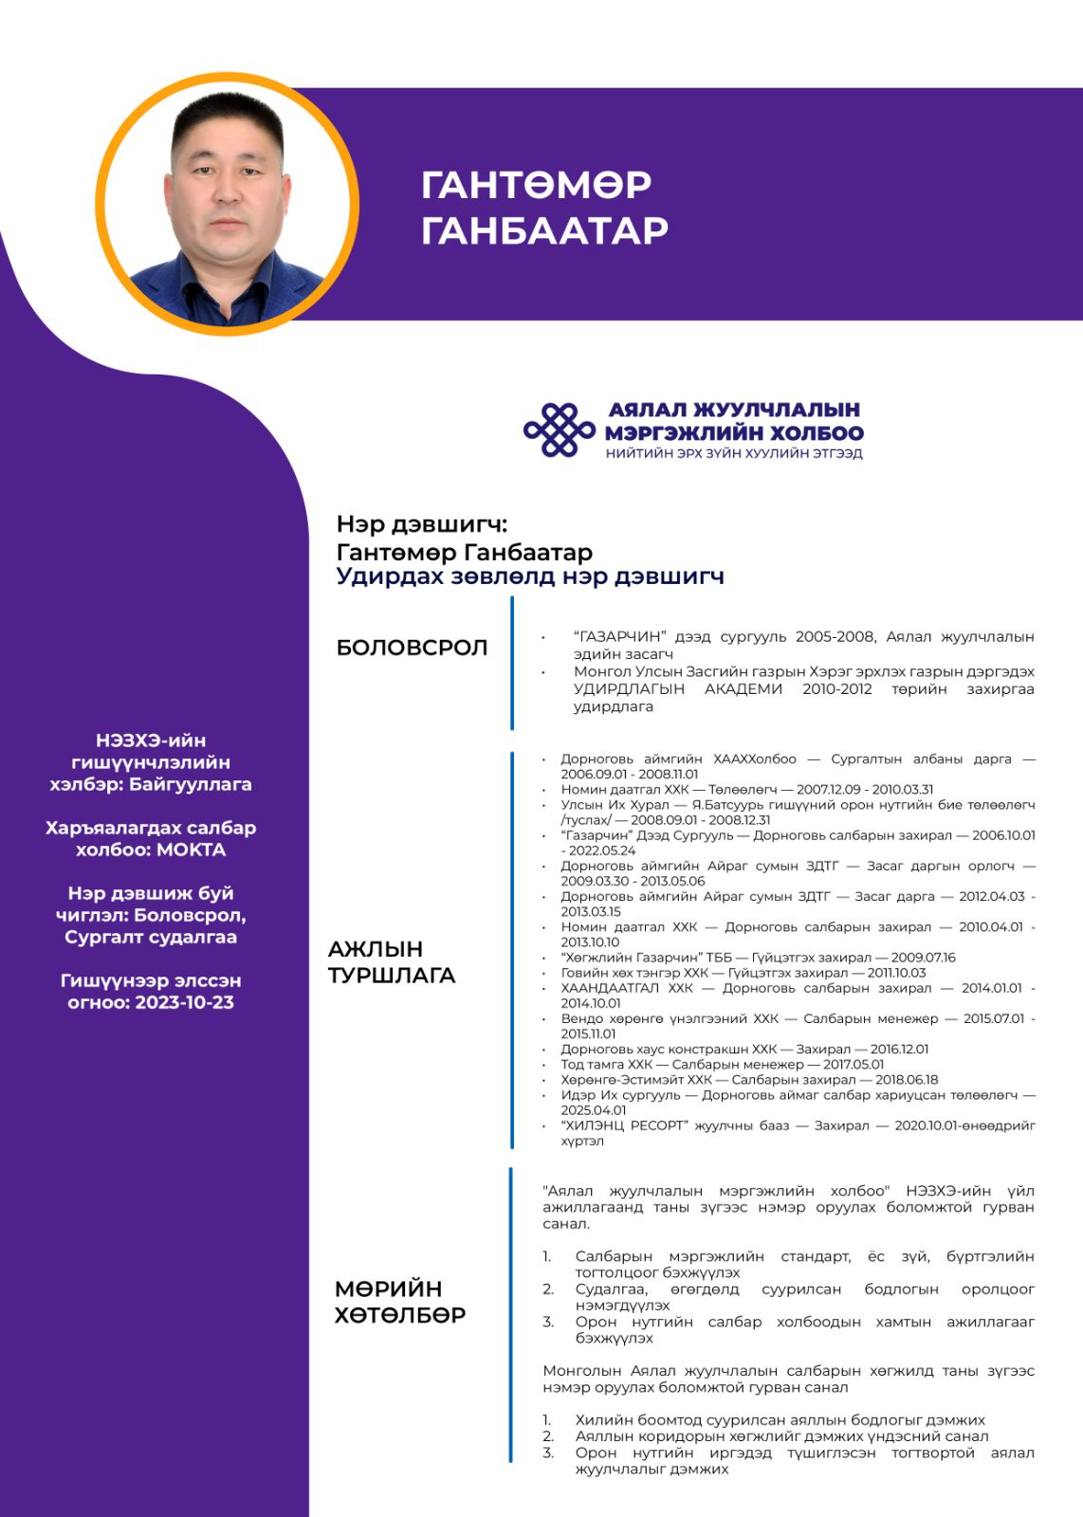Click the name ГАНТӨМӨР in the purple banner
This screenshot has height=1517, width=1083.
536,185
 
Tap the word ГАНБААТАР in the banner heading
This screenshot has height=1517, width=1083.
544,230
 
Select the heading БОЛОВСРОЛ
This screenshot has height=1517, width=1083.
412,648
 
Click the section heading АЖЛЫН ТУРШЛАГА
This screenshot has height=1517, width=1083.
391,962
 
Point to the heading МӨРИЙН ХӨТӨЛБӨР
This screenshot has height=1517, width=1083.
399,1302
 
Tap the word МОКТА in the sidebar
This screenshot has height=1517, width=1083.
191,850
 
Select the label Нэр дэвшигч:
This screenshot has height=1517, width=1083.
422,524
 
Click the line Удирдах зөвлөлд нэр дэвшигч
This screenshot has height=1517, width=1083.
529,576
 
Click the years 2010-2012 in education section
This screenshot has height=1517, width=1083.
836,689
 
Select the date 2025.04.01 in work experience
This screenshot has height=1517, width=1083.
593,1110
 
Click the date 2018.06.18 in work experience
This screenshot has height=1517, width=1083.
907,1080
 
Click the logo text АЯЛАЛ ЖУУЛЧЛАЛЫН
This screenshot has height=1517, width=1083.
734,410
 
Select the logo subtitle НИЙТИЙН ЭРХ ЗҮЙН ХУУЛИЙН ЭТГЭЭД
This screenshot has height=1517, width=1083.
734,453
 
